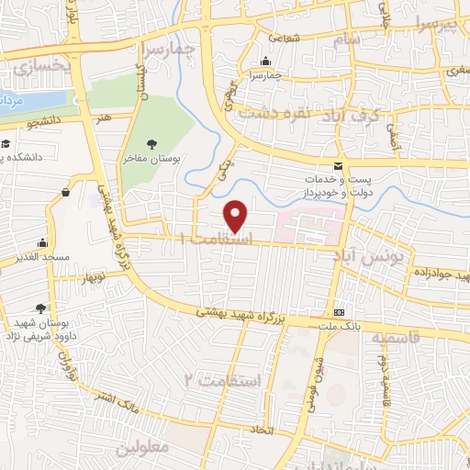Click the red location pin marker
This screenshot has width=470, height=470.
[x=237, y=217]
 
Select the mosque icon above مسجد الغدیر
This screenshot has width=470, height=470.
[x=42, y=243]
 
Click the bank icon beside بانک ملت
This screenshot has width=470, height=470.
[x=339, y=312]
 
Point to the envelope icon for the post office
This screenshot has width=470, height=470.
[x=338, y=166]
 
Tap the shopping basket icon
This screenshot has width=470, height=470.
[x=66, y=192]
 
